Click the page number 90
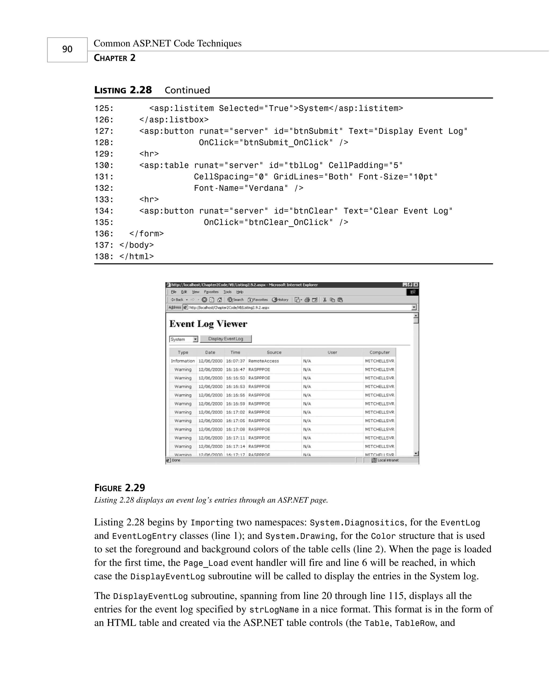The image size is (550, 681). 67,49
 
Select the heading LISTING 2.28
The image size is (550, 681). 123,90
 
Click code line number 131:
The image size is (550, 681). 104,177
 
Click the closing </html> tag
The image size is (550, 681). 136,257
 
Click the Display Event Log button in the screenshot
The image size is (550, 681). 226,339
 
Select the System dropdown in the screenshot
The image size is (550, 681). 183,339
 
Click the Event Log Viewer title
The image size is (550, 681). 208,324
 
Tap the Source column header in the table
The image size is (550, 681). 274,352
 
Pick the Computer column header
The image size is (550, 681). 379,352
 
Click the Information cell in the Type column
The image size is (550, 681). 183,361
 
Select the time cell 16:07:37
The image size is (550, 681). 235,361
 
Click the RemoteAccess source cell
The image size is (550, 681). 264,361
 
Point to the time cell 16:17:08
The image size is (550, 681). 235,429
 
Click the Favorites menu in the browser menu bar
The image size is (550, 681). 211,292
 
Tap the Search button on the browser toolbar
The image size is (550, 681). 236,300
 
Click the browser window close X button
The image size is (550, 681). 416,285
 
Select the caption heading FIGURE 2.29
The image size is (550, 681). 120,488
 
